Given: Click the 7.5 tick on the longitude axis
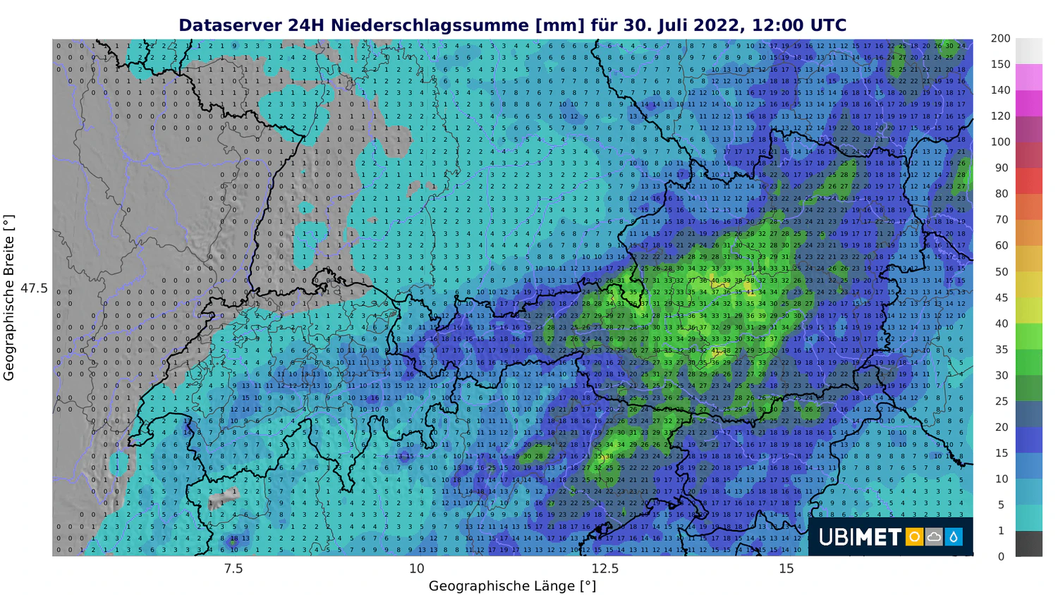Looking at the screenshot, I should click(x=233, y=568).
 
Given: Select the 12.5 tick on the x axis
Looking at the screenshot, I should click(x=604, y=568).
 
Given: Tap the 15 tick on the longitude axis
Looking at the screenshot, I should click(x=786, y=568).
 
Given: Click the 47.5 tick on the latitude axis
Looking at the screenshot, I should click(x=34, y=288).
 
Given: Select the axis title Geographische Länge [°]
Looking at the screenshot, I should click(x=512, y=586).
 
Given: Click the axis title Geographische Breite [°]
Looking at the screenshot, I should click(x=9, y=297).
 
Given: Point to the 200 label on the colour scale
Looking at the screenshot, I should click(x=1000, y=39).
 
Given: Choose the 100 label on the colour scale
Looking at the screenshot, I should click(x=1000, y=142).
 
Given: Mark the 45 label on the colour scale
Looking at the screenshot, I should click(x=1002, y=297).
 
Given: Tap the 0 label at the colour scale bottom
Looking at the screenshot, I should click(x=1000, y=556).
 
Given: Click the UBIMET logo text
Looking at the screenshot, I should click(x=860, y=537).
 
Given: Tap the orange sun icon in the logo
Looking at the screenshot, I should click(x=914, y=537).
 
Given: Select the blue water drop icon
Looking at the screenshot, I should click(x=954, y=537).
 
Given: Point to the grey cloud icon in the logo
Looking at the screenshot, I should click(x=934, y=537).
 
